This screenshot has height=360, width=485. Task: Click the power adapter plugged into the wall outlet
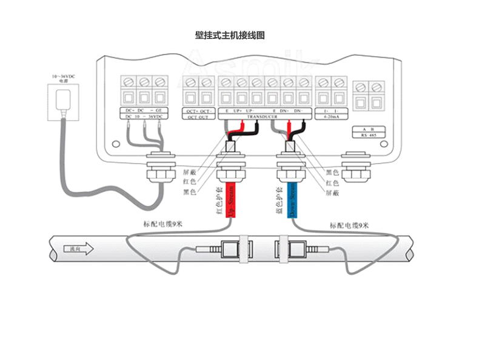[62, 100]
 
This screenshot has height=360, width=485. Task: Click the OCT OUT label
[199, 117]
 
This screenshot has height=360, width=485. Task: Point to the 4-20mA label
[330, 117]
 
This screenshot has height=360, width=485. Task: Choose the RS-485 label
[368, 136]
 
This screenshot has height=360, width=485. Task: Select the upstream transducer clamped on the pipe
[229, 249]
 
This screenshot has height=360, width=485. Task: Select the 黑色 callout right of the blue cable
[332, 172]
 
